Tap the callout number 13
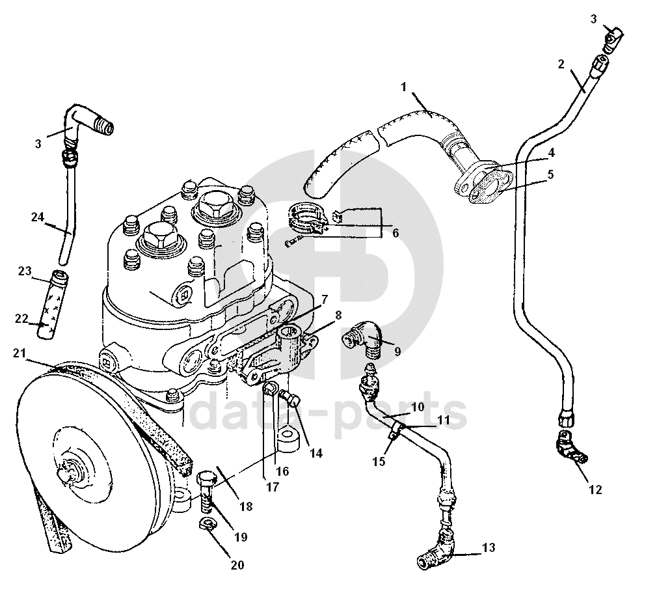point(488,548)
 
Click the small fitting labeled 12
point(570,448)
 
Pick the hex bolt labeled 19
point(206,492)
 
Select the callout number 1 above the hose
point(404,87)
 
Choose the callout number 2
point(561,64)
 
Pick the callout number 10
point(418,406)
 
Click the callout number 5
point(550,174)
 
